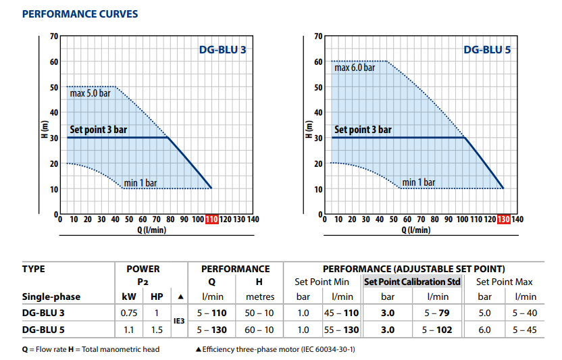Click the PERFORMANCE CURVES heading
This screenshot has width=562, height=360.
(x=80, y=14)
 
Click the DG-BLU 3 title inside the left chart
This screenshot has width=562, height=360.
(x=223, y=49)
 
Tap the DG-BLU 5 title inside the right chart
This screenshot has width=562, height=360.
(x=487, y=49)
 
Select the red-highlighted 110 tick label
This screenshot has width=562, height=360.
(x=211, y=219)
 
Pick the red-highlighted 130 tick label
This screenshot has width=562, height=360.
(x=504, y=219)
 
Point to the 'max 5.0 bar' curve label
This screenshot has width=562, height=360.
(x=91, y=93)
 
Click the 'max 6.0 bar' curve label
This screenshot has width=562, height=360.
(x=355, y=68)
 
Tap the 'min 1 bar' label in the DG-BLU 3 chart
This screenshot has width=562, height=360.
(x=140, y=183)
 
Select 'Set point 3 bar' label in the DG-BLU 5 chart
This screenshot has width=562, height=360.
(x=363, y=130)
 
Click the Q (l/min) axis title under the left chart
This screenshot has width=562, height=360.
(x=151, y=230)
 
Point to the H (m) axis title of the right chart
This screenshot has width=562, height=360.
(x=309, y=129)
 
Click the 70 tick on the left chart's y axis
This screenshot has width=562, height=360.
(x=54, y=36)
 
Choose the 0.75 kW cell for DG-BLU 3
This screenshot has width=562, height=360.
(x=129, y=313)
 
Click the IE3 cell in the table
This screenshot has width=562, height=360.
(x=179, y=321)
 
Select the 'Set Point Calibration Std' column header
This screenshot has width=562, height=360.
(x=412, y=282)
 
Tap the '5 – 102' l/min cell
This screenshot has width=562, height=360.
(x=437, y=330)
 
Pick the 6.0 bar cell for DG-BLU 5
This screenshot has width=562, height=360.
(x=484, y=330)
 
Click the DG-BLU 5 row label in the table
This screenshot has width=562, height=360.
(x=43, y=330)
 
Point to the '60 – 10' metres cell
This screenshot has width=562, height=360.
(x=259, y=330)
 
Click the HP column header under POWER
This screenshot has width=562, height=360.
(x=157, y=297)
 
